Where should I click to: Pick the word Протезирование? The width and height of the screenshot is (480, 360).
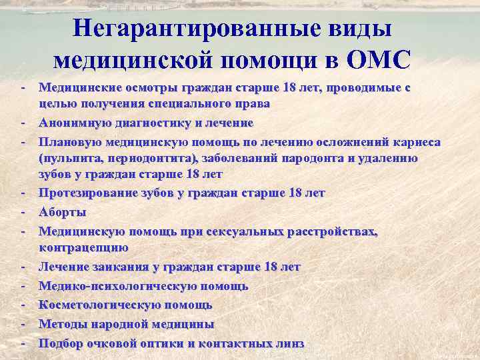89,193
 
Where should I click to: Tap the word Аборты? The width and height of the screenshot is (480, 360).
62,212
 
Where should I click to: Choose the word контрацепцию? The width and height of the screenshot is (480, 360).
83,247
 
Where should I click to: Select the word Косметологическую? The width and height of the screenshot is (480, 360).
97,305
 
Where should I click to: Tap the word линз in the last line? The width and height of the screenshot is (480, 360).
290,343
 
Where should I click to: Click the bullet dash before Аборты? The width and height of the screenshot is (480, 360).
23,212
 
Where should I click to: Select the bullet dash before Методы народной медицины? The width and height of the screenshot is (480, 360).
23,324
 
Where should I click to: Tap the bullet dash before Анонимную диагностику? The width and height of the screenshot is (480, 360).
23,123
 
